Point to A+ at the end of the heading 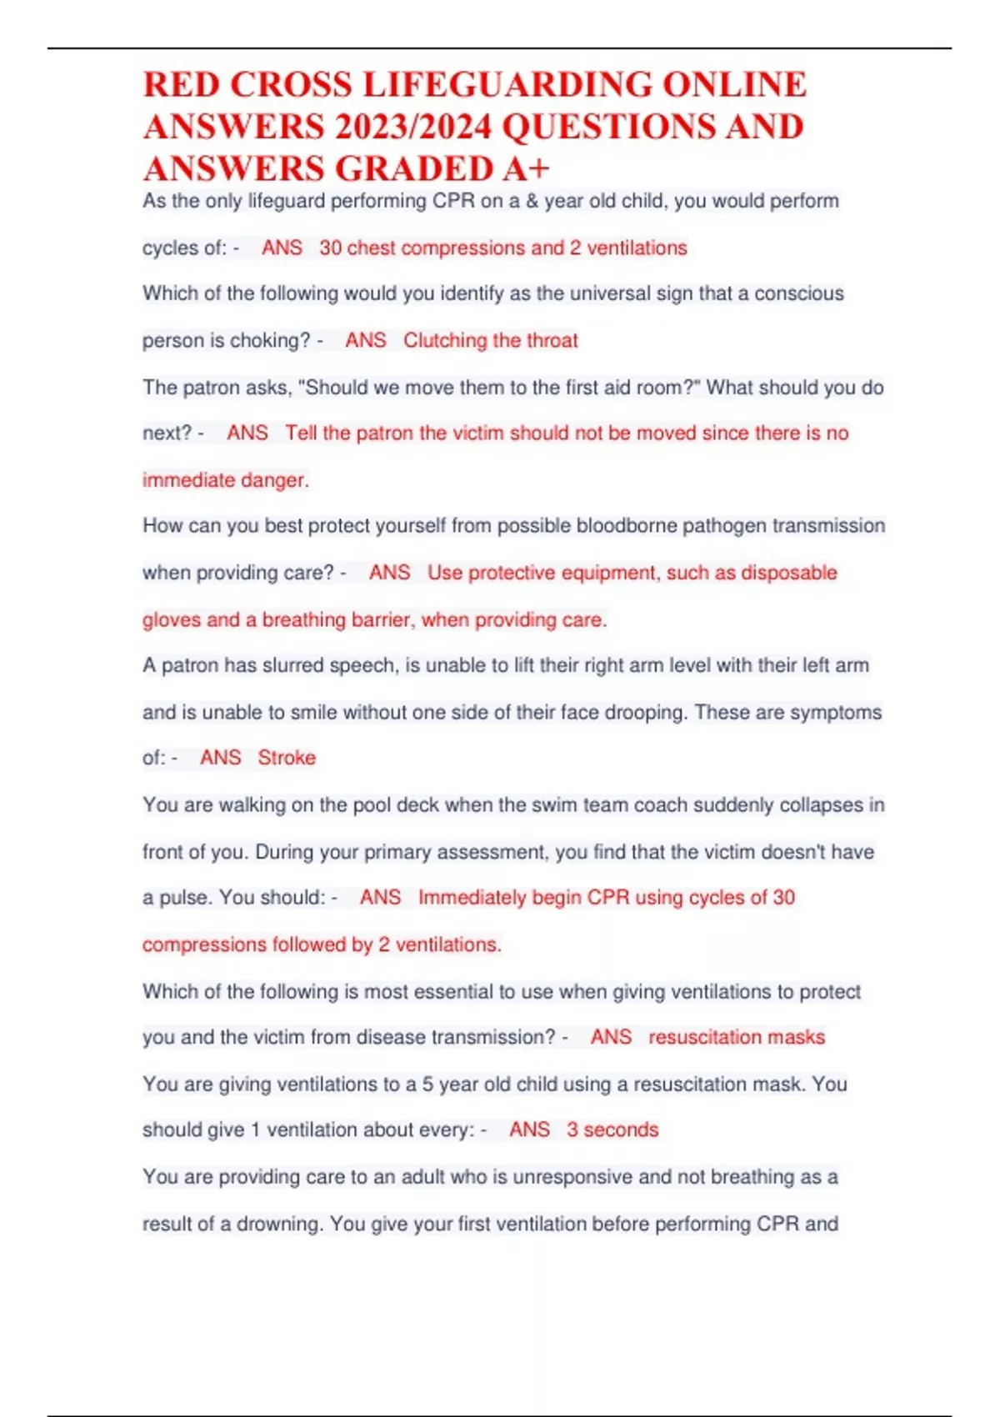pyautogui.click(x=526, y=169)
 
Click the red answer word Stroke pyautogui.click(x=287, y=758)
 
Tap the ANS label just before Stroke pyautogui.click(x=220, y=758)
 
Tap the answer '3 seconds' pyautogui.click(x=612, y=1129)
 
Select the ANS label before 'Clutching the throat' pyautogui.click(x=366, y=341)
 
